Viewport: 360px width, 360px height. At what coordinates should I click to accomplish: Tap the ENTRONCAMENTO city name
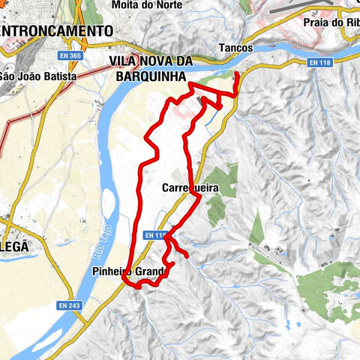pos(57,31)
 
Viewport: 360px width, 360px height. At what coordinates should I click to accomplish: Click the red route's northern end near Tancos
pos(237,73)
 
